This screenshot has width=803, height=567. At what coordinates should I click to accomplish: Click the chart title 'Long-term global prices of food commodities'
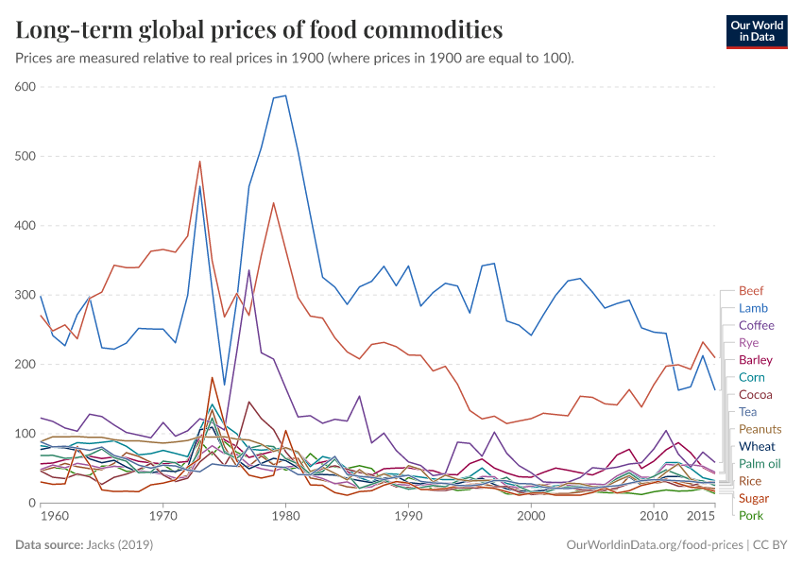(x=259, y=29)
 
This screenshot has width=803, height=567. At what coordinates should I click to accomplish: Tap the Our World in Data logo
(x=756, y=30)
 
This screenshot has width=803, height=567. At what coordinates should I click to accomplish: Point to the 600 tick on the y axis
(x=25, y=87)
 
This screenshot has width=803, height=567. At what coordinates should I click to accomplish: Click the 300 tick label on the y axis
(x=25, y=295)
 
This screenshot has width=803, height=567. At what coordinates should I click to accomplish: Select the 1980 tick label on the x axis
(x=285, y=517)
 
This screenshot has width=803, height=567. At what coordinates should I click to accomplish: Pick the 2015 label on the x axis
(x=700, y=517)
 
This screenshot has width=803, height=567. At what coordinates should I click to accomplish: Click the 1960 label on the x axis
(x=55, y=517)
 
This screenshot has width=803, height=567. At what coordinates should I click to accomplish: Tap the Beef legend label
(x=751, y=291)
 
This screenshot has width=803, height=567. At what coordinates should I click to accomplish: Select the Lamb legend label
(x=753, y=308)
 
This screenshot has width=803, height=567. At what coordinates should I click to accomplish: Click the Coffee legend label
(x=756, y=325)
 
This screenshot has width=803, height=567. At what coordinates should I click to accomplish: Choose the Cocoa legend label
(x=754, y=394)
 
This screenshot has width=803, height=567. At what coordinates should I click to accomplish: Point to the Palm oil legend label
(x=760, y=463)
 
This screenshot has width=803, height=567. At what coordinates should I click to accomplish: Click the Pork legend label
(x=751, y=515)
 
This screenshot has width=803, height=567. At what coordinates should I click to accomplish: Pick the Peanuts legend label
(x=760, y=429)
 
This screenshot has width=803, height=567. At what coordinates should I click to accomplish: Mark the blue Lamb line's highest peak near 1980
(x=285, y=95)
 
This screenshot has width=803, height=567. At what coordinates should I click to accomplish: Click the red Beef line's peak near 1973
(x=199, y=162)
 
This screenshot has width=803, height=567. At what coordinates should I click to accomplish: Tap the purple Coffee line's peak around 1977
(x=248, y=270)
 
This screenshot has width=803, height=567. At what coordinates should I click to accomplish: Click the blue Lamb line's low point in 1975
(x=224, y=385)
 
